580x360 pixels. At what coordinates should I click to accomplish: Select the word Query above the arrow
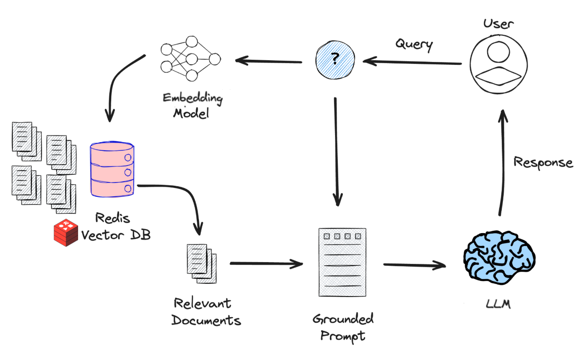pos(414,45)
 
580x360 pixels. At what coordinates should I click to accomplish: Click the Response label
pos(543,162)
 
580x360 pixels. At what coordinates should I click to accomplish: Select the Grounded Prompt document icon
pos(342,262)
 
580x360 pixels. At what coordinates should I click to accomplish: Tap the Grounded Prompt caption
pos(342,326)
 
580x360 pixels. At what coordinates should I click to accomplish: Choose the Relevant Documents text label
pos(206,312)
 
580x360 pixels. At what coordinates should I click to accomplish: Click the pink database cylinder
pos(112,169)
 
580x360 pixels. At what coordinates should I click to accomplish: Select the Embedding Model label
pos(192,105)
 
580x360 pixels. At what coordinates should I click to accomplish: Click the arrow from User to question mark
pos(411,62)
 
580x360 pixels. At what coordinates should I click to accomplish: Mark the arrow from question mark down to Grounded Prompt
pos(337,152)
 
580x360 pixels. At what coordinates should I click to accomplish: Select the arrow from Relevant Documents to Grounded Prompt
pos(266,264)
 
